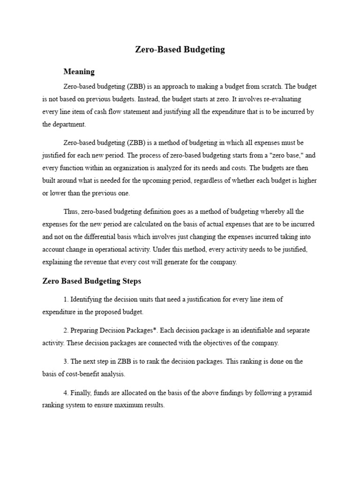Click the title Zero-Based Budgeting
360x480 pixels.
[180, 49]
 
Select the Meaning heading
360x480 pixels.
[79, 72]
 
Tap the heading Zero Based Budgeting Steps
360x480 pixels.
[91, 281]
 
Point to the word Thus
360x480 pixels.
[71, 212]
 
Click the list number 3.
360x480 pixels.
[65, 361]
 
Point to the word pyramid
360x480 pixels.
[298, 393]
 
